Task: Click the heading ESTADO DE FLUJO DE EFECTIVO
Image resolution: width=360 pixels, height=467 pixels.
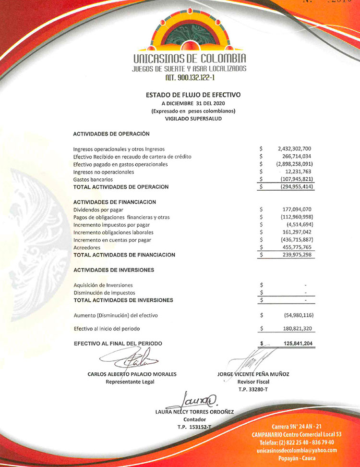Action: pyautogui.click(x=193, y=95)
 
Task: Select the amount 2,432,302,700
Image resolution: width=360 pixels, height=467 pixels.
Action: pyautogui.click(x=295, y=149)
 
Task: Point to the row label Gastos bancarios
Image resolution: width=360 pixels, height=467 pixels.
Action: pyautogui.click(x=93, y=179)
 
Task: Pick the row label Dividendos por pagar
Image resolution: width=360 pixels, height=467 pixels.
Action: pyautogui.click(x=98, y=209)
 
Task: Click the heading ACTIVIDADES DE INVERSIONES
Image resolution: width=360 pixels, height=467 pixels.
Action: pyautogui.click(x=114, y=270)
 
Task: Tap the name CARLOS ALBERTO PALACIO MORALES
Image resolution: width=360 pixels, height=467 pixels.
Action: pyautogui.click(x=132, y=374)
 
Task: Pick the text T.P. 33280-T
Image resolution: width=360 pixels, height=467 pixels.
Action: pyautogui.click(x=253, y=389)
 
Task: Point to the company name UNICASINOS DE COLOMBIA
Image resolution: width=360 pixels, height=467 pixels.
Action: pyautogui.click(x=189, y=59)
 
